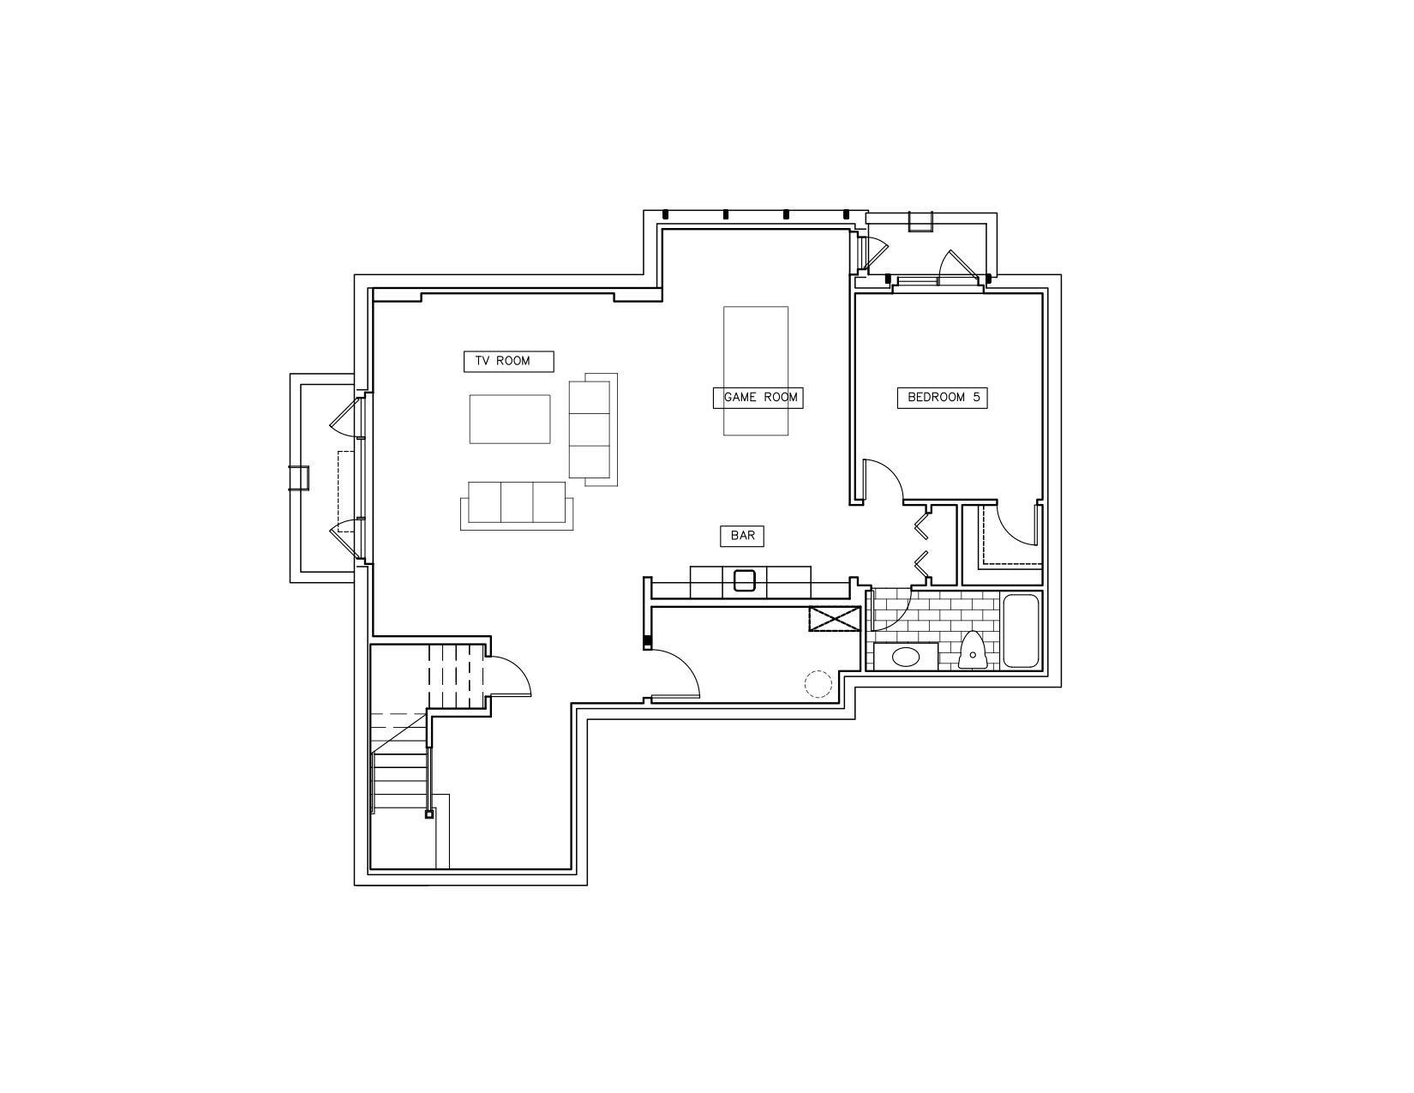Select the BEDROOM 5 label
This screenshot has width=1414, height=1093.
pos(942,398)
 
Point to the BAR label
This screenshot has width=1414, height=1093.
pos(742,536)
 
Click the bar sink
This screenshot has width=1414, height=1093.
pos(745,580)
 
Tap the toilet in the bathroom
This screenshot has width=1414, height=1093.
pos(973,650)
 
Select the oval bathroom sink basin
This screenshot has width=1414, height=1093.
pos(906,656)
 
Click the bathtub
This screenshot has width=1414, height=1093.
pos(1021,631)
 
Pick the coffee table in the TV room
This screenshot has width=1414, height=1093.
pos(510,419)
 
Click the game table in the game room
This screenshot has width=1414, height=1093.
pos(756,370)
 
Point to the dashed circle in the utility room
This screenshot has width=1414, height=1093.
pos(818,684)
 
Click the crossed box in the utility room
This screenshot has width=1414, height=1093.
pos(834,618)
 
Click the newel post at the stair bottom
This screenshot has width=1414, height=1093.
pos(428,814)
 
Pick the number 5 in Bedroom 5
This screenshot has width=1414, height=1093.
pos(976,397)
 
